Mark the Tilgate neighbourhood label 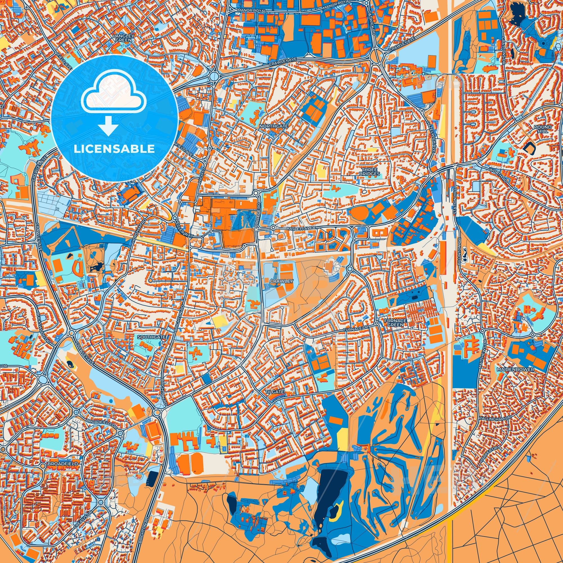[x=274, y=392]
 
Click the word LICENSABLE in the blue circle [x=115, y=149]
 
